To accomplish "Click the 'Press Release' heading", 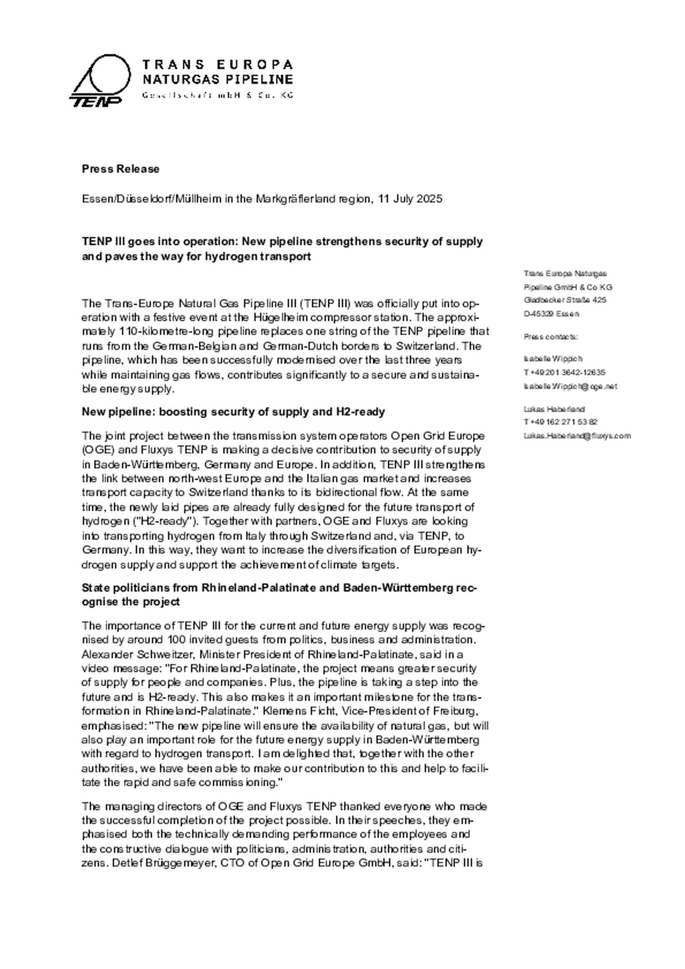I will click(120, 169).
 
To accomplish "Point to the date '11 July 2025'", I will click(410, 198).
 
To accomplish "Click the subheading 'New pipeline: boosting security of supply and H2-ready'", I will click(233, 412).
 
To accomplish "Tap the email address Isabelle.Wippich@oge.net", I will click(570, 386).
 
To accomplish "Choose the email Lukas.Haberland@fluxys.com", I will click(577, 436).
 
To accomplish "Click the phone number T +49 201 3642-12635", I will click(564, 372).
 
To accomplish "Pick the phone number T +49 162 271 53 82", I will click(560, 422).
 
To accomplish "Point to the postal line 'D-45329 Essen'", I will click(551, 314).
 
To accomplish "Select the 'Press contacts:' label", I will click(551, 337).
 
